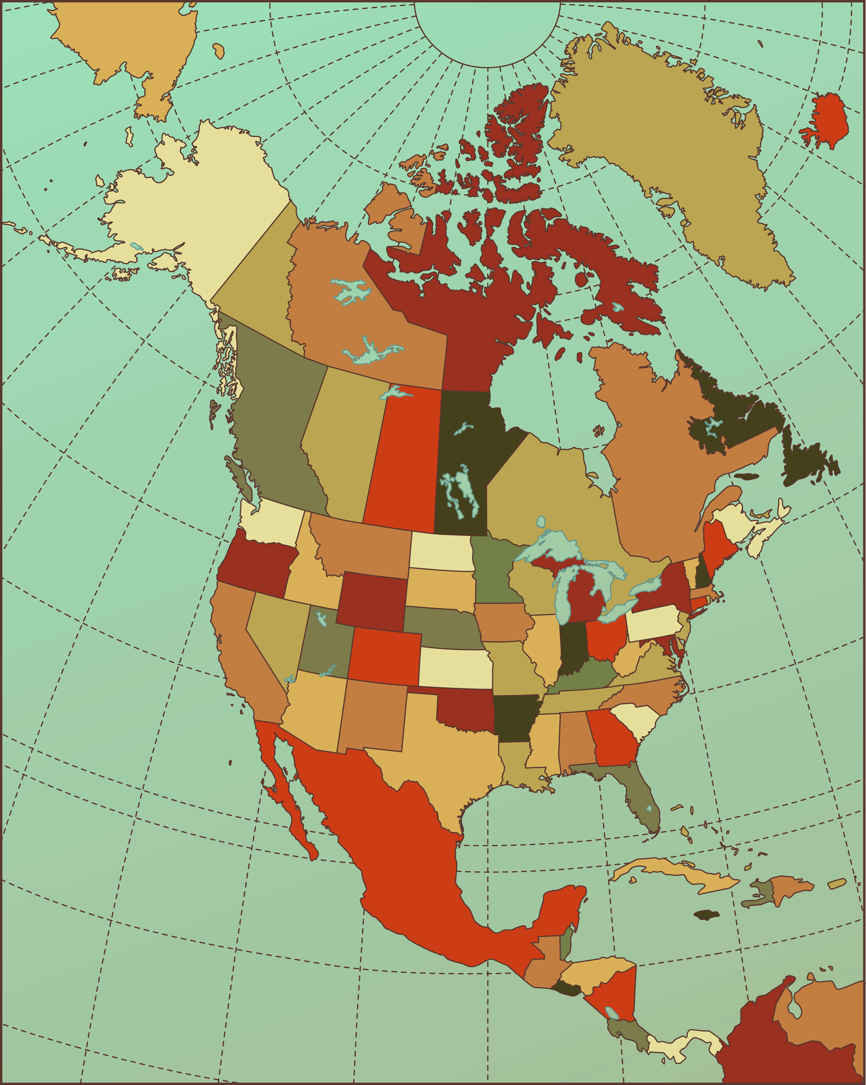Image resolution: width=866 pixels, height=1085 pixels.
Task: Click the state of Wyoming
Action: click(x=372, y=602)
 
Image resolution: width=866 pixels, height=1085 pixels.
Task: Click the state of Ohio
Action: click(x=607, y=638)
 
